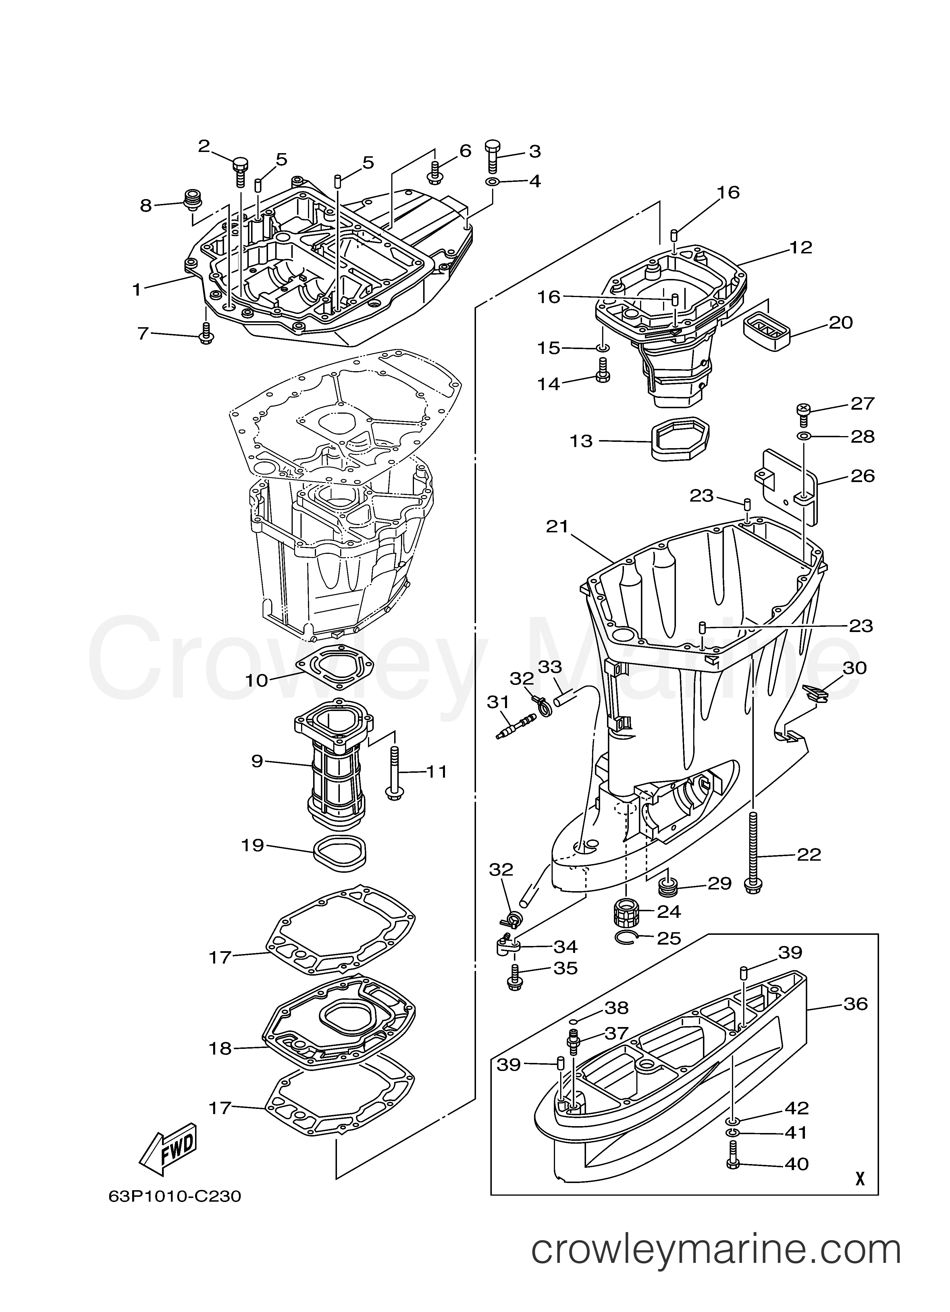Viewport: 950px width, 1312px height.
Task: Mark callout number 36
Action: click(855, 1004)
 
